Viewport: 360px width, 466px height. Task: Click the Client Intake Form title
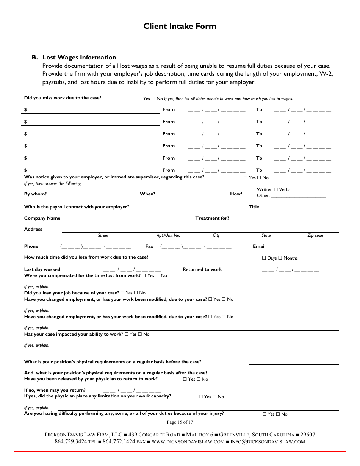pyautogui.click(x=180, y=26)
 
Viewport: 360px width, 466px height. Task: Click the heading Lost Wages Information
pyautogui.click(x=79, y=58)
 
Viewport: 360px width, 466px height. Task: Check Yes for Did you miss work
pyautogui.click(x=139, y=99)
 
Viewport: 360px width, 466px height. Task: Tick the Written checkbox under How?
pyautogui.click(x=254, y=189)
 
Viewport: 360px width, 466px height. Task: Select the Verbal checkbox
pyautogui.click(x=276, y=189)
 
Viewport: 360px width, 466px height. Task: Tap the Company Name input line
pyautogui.click(x=137, y=219)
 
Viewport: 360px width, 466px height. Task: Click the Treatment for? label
pyautogui.click(x=212, y=218)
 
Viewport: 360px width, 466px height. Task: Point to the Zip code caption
pyautogui.click(x=315, y=236)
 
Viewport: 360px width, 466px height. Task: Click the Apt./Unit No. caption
pyautogui.click(x=168, y=236)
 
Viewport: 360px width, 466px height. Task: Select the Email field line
pyautogui.click(x=305, y=247)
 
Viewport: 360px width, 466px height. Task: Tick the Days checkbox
pyautogui.click(x=264, y=258)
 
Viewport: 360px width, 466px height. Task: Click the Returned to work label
pyautogui.click(x=202, y=269)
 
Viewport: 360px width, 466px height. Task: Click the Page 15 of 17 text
pyautogui.click(x=180, y=422)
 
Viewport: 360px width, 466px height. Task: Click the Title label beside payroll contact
pyautogui.click(x=254, y=207)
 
